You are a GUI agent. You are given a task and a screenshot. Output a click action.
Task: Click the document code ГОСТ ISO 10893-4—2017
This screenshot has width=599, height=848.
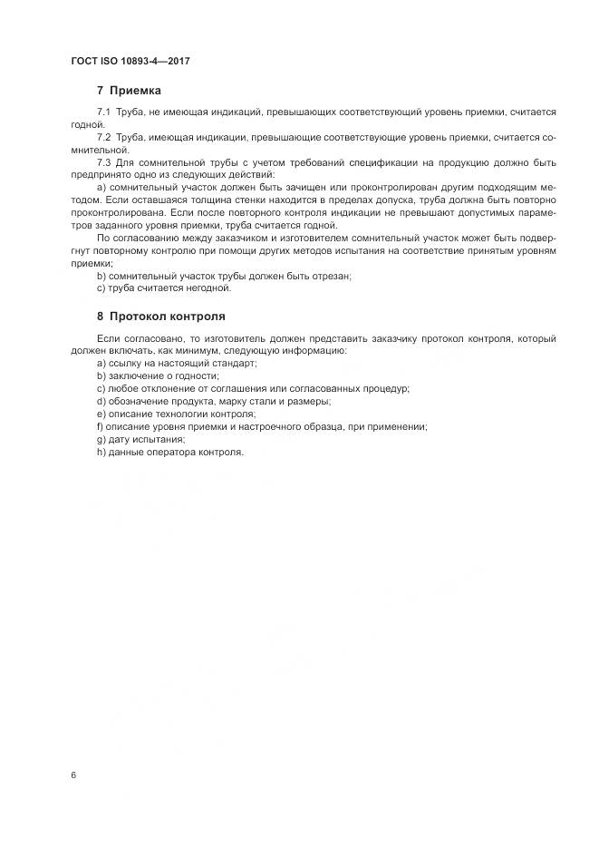[x=130, y=62]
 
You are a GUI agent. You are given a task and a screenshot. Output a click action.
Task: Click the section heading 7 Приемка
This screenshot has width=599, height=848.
[x=129, y=91]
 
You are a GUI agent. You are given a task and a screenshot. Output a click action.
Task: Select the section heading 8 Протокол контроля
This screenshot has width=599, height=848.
[x=160, y=317]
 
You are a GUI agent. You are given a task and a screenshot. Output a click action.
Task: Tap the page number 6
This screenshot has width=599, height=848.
[x=72, y=774]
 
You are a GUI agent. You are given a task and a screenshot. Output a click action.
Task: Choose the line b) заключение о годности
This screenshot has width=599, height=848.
[x=157, y=375]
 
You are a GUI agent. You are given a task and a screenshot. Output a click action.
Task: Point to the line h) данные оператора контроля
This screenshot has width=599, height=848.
[x=169, y=452]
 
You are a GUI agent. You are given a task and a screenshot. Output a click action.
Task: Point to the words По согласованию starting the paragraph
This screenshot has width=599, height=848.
[x=132, y=238]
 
